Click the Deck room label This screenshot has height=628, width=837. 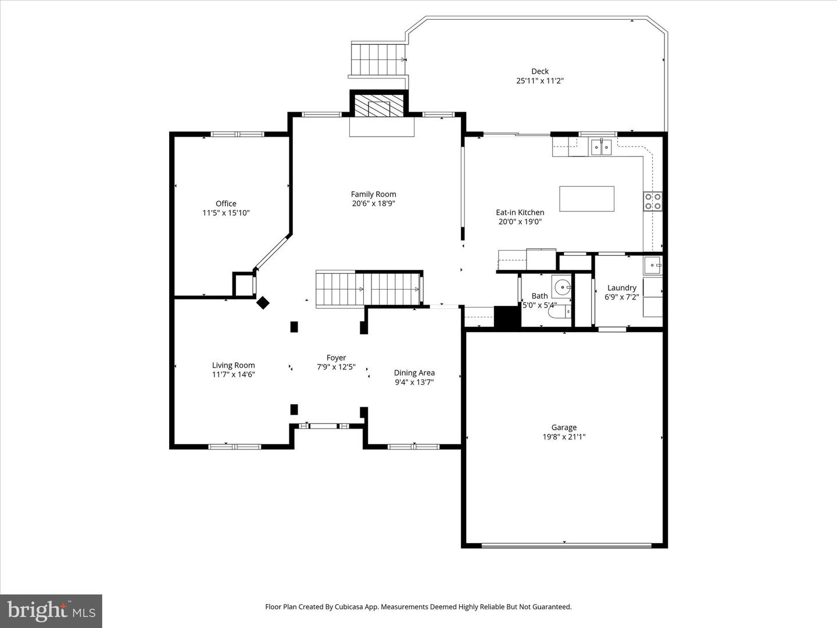540,72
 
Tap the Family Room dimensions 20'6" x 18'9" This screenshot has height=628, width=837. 373,204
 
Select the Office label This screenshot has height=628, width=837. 226,204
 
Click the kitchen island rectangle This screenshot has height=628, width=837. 586,199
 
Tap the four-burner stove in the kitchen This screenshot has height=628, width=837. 652,201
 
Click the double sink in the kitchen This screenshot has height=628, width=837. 601,147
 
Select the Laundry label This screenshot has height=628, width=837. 621,288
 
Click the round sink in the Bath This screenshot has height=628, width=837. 561,287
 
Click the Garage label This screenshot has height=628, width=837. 564,427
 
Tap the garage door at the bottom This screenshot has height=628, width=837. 566,546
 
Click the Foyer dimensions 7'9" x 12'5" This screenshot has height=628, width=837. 336,367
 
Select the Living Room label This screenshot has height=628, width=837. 233,365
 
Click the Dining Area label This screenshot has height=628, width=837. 414,373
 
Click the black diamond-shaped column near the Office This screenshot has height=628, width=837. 263,302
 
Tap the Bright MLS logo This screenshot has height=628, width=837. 51,611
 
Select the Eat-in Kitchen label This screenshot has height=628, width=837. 520,212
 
